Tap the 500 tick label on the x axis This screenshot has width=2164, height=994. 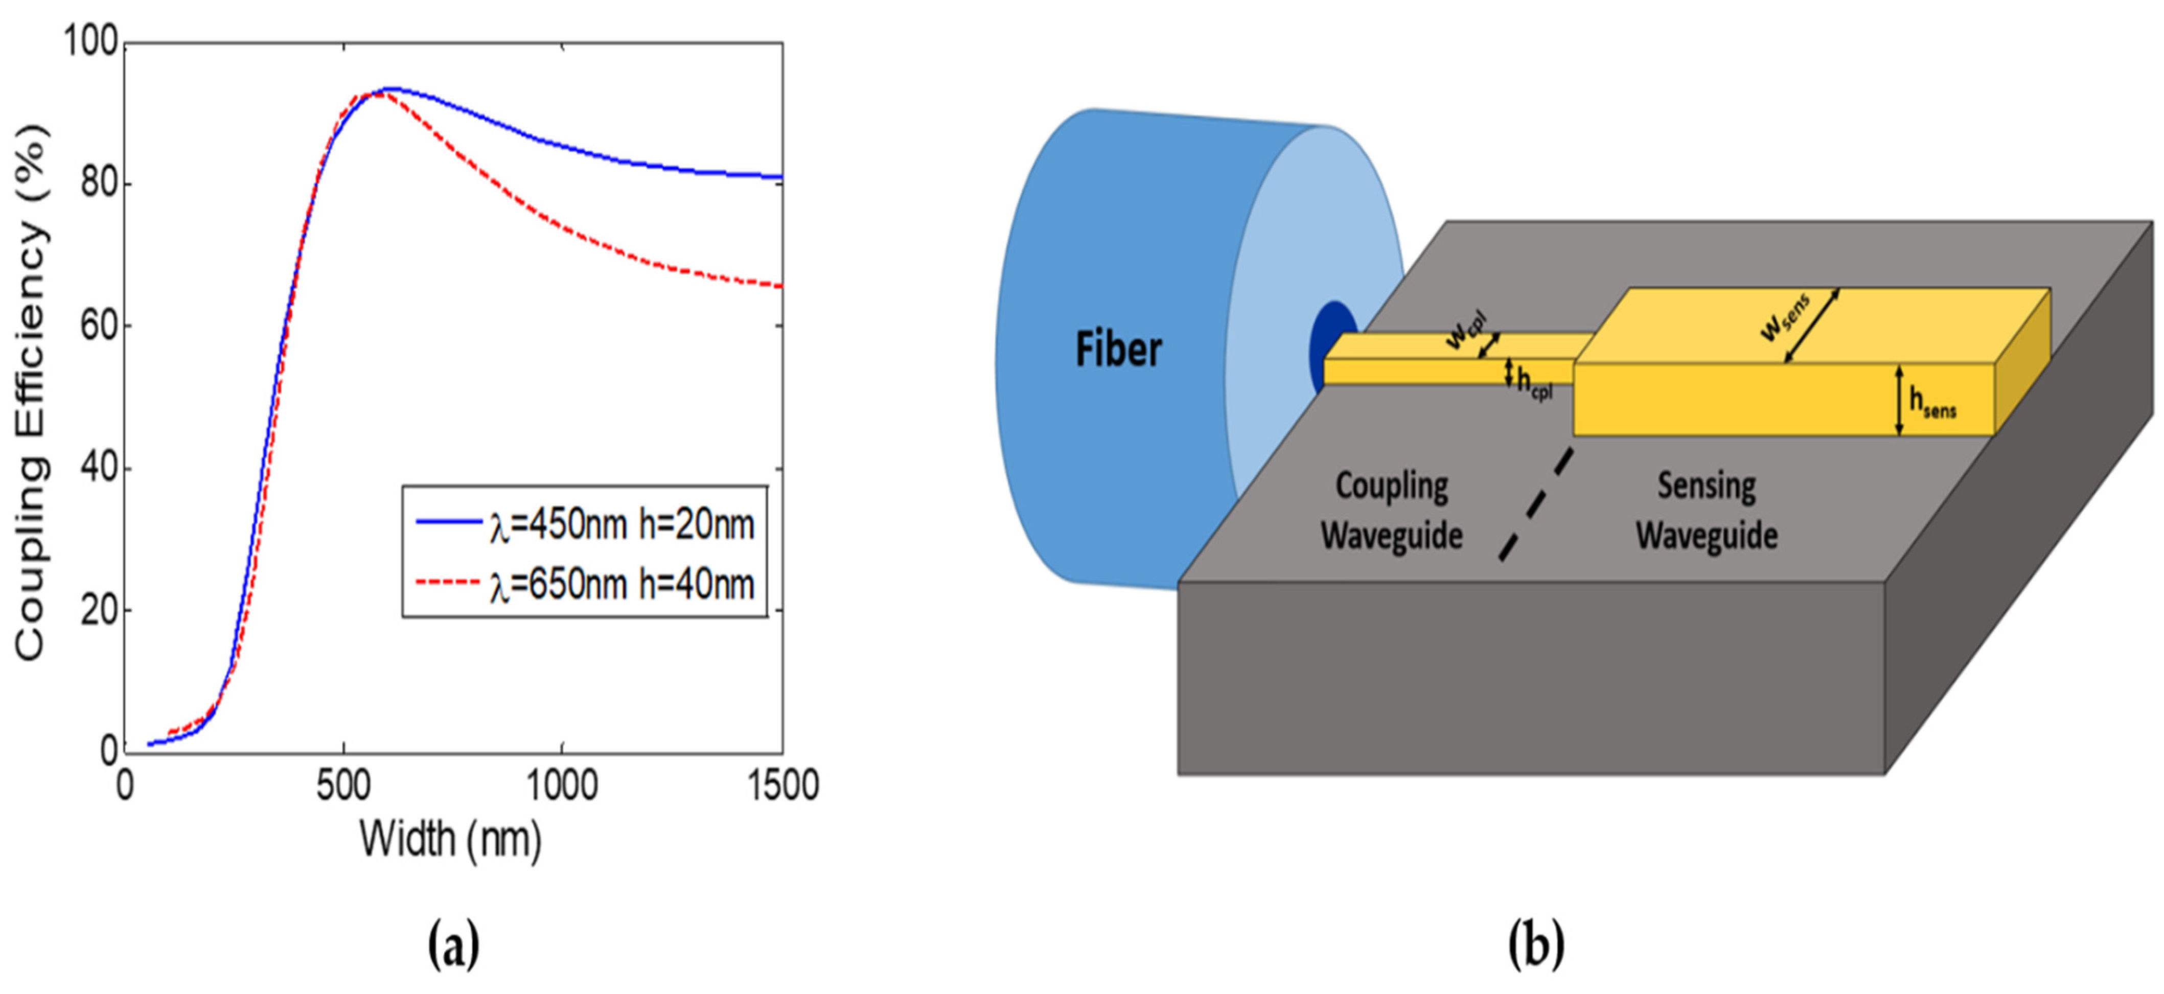(343, 785)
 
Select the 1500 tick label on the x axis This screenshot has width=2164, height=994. (781, 785)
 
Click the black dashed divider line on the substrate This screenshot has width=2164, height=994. (1536, 504)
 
